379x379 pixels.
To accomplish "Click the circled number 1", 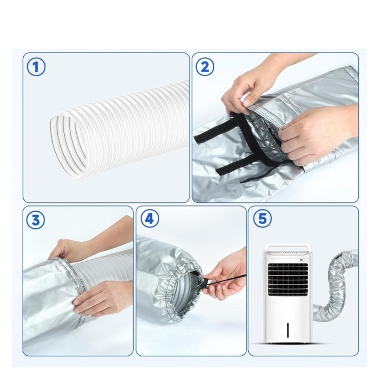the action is [x=36, y=67].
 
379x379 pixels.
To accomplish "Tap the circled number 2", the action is [x=204, y=67].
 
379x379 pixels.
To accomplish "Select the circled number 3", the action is [x=35, y=220].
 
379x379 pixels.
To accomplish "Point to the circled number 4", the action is [x=150, y=219].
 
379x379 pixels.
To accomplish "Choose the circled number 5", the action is [x=262, y=219].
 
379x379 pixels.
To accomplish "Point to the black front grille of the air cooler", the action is [x=288, y=279].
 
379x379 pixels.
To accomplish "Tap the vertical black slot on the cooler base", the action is [x=288, y=330].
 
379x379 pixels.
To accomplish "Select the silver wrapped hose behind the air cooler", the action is [x=338, y=285].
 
